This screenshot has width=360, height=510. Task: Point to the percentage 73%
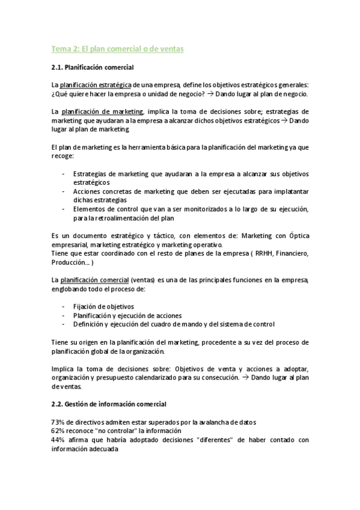[58, 422]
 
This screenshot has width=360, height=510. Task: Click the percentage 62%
[58, 431]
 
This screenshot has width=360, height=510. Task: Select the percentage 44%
[58, 440]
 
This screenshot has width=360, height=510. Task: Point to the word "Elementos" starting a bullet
[90, 209]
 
